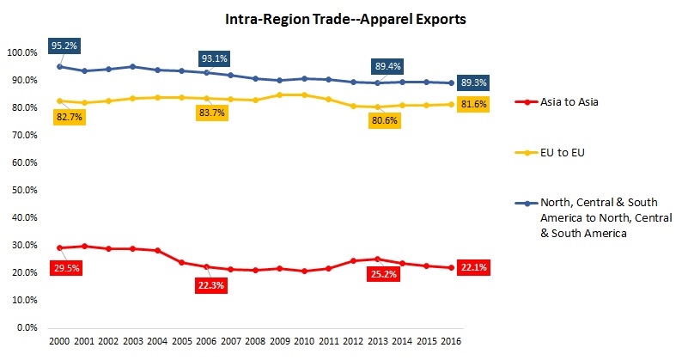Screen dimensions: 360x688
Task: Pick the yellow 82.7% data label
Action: coord(70,116)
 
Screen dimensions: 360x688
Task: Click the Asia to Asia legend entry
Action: coord(556,102)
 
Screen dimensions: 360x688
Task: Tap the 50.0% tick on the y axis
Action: coord(22,190)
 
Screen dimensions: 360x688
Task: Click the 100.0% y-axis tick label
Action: coord(21,52)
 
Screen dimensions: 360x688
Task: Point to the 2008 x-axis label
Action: coord(255,341)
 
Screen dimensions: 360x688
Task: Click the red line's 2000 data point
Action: coord(59,247)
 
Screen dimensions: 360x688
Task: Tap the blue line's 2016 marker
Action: coord(453,82)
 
